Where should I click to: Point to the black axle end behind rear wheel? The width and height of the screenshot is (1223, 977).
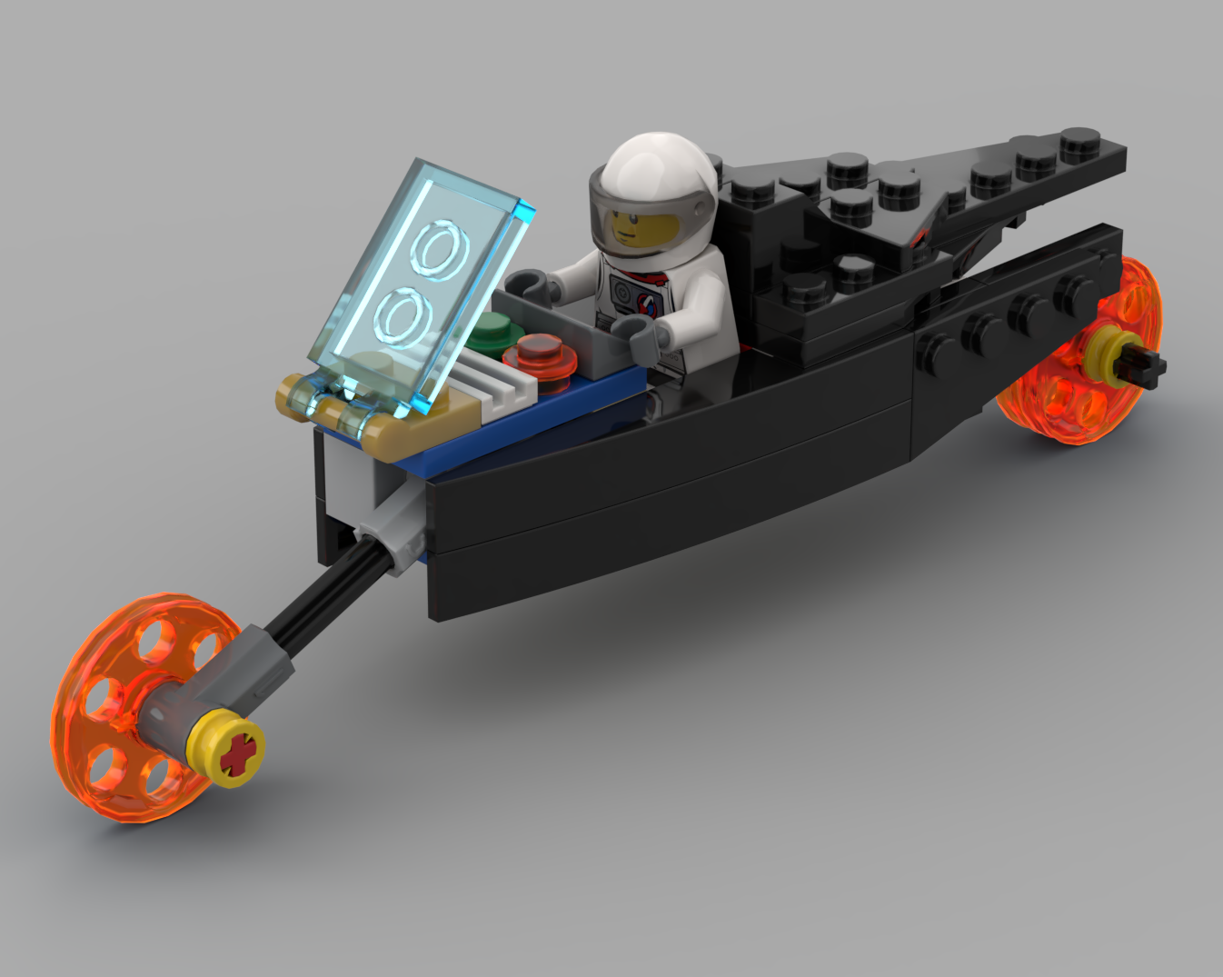tap(1147, 364)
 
